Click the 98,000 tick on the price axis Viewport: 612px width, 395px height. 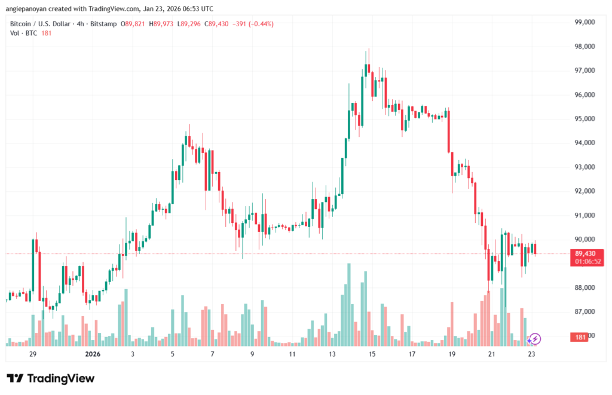(x=583, y=47)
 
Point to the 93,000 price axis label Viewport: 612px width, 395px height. (x=583, y=167)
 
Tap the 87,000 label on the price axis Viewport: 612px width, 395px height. (x=583, y=312)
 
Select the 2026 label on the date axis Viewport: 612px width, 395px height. (x=93, y=354)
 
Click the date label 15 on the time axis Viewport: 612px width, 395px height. (x=372, y=354)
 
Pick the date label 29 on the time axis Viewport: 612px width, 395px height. (x=33, y=354)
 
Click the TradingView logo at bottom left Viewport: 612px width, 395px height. (x=51, y=378)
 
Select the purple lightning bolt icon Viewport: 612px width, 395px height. (x=535, y=339)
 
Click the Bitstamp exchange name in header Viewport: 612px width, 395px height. (x=103, y=24)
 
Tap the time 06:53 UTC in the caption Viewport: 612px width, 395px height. (x=198, y=9)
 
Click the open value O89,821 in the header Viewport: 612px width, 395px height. (x=134, y=24)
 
